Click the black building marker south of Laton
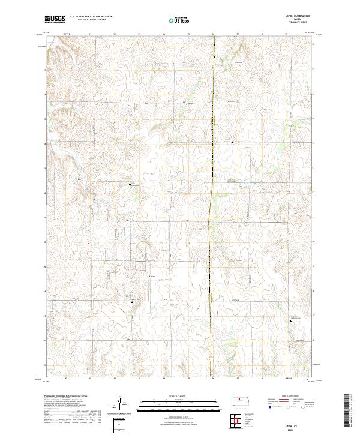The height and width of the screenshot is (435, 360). click(x=132, y=310)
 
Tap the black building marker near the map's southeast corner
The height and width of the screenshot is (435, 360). click(x=291, y=322)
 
